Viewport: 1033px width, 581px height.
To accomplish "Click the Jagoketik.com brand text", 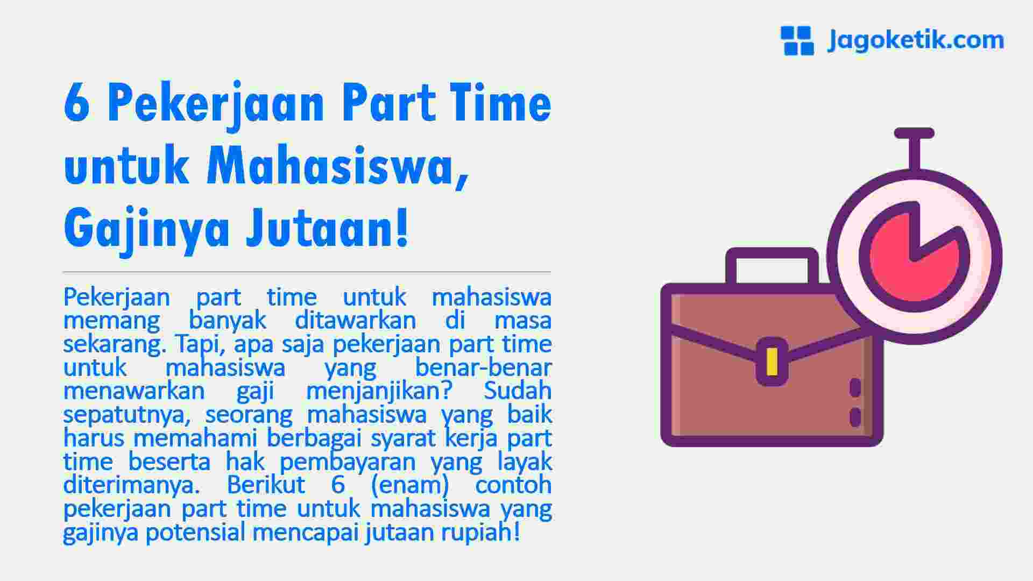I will [915, 40].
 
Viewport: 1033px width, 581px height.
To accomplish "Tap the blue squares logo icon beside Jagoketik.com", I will [797, 40].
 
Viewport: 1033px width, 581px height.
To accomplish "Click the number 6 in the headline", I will [76, 104].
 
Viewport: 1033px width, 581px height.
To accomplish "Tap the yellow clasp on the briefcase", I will [772, 362].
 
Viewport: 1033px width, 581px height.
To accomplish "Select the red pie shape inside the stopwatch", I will [909, 258].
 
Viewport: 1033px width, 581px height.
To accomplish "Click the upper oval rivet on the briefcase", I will [855, 388].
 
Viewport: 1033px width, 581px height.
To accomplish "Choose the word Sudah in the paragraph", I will [518, 391].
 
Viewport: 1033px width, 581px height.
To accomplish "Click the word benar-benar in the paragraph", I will [483, 368].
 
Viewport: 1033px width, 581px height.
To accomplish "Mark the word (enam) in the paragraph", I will [410, 485].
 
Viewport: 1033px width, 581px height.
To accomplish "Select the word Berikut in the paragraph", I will [266, 485].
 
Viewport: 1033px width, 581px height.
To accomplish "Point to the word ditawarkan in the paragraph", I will [356, 321].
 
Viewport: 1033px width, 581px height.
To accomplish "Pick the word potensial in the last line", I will [195, 532].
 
